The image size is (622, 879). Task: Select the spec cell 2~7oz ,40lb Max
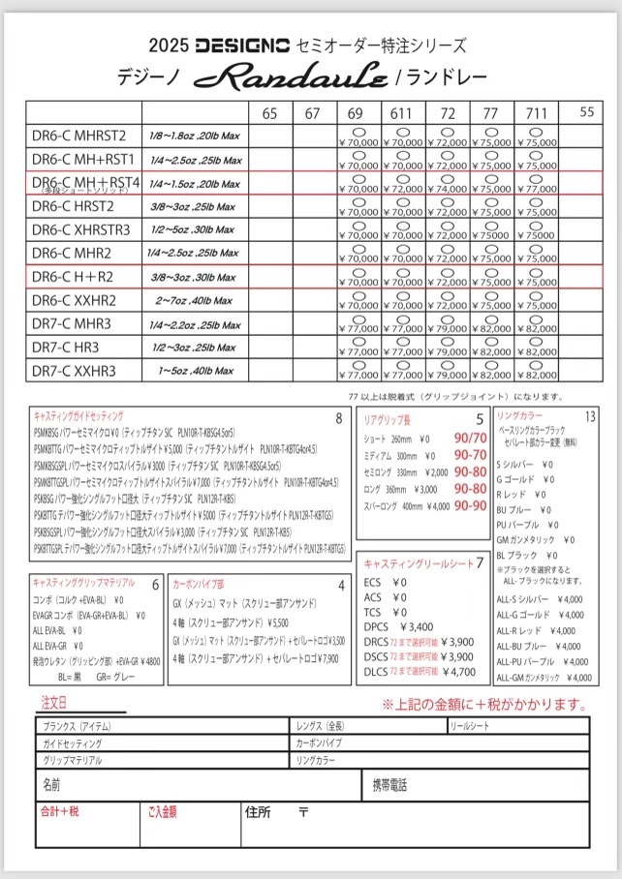tap(191, 300)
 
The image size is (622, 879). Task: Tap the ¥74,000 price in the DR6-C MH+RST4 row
tap(449, 189)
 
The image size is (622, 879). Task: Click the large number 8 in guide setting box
tap(338, 418)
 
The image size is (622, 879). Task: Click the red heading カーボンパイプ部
tap(200, 585)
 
